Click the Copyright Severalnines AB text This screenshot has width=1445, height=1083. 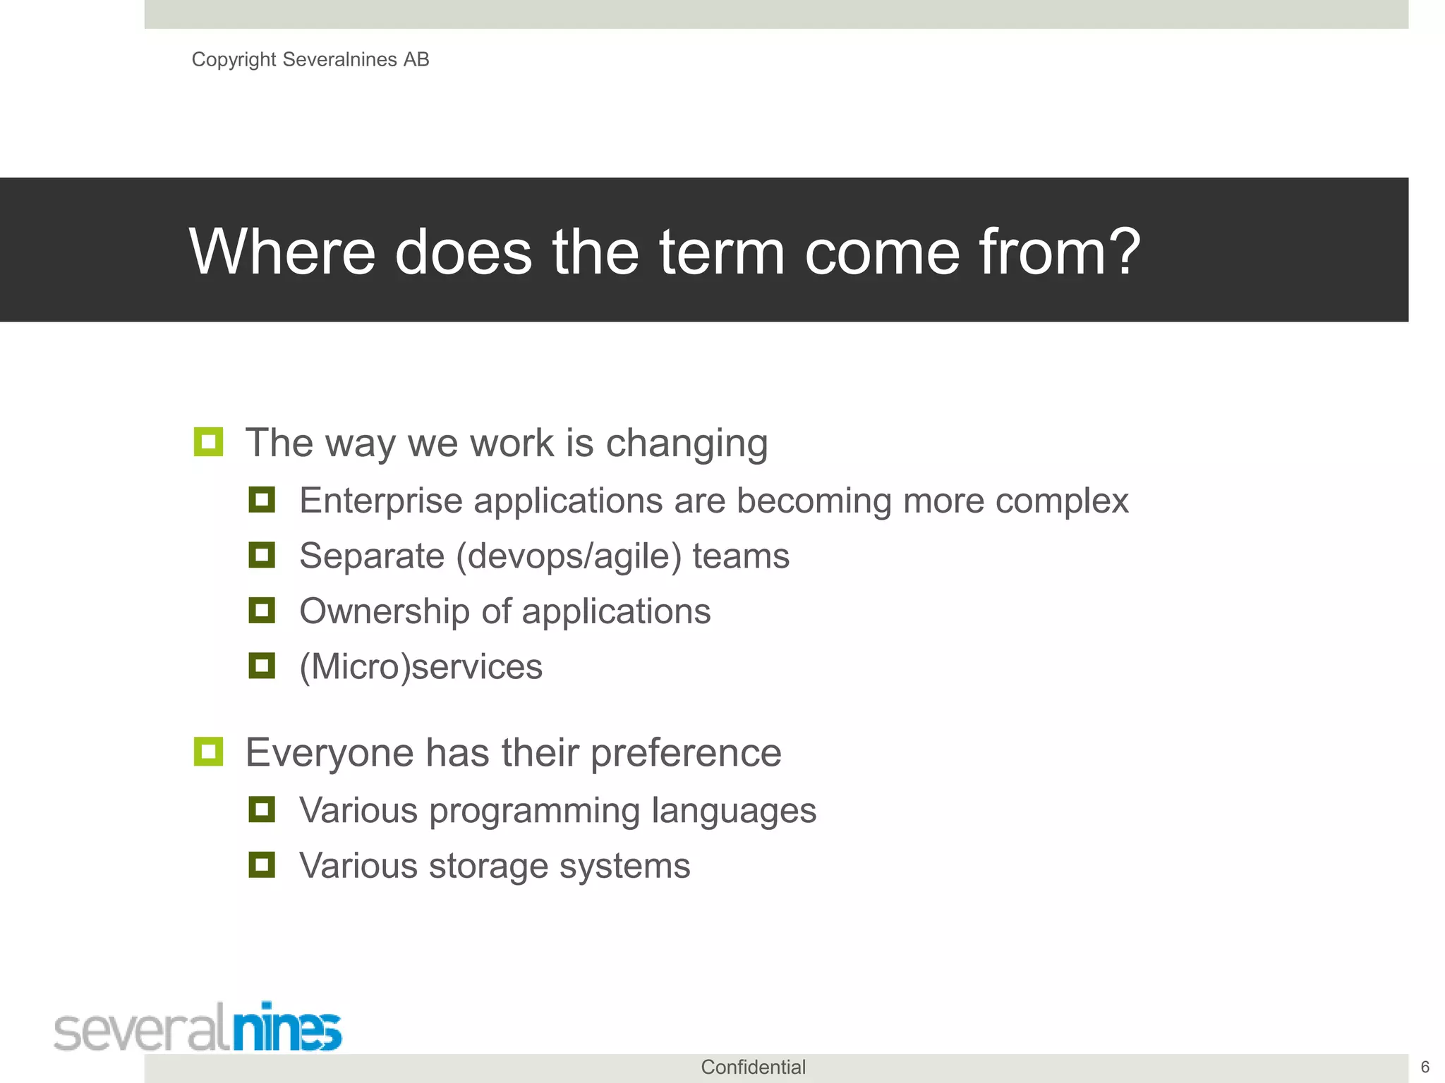[x=310, y=59]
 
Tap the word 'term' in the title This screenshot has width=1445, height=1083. [x=722, y=252]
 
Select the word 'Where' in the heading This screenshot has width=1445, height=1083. [x=282, y=252]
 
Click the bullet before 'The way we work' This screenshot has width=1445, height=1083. [x=208, y=442]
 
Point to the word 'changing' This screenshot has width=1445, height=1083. [x=687, y=444]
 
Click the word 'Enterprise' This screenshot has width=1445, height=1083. [x=381, y=501]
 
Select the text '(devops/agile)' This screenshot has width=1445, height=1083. [x=569, y=556]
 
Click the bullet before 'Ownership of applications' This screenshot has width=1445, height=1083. [x=262, y=610]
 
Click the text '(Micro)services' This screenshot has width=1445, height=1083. [x=421, y=667]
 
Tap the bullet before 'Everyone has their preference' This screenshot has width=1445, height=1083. [x=208, y=752]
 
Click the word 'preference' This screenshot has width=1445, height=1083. [x=686, y=753]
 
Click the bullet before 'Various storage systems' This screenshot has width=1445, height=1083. [x=262, y=864]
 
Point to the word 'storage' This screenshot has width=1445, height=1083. [x=488, y=867]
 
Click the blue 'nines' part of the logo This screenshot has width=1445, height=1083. [x=287, y=1029]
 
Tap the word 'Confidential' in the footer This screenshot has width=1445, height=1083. [x=753, y=1067]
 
